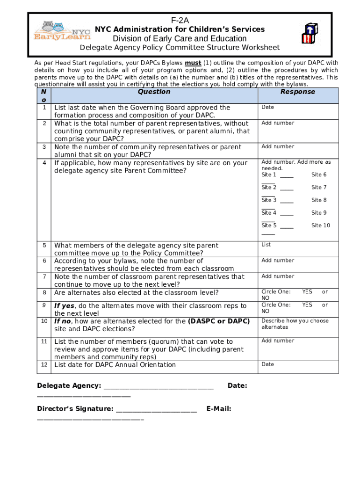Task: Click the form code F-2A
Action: click(180, 20)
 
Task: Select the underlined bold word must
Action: click(193, 63)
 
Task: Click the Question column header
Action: click(154, 92)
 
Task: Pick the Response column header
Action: click(297, 92)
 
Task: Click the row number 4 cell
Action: click(44, 163)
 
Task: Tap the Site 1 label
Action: click(269, 174)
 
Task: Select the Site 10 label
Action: click(321, 225)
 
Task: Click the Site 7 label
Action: click(319, 187)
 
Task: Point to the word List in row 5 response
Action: click(266, 245)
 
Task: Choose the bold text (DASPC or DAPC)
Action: click(218, 321)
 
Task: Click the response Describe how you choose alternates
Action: click(295, 324)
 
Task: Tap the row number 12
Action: click(44, 365)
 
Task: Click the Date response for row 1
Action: click(268, 107)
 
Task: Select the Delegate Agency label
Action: click(69, 386)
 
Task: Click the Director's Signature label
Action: click(75, 409)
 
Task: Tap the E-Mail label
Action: click(219, 409)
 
